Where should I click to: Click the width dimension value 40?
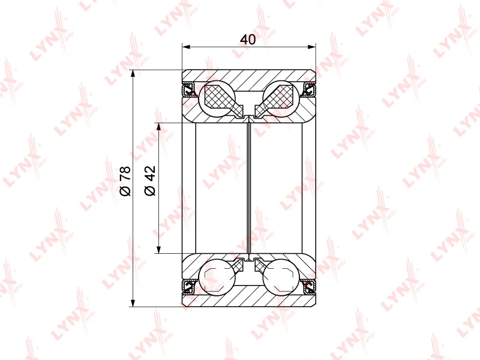pyautogui.click(x=248, y=40)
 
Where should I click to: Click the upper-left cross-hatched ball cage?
pyautogui.click(x=220, y=97)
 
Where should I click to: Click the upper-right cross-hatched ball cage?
pyautogui.click(x=277, y=97)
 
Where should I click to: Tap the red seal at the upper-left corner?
pyautogui.click(x=188, y=90)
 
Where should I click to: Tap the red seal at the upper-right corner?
pyautogui.click(x=309, y=90)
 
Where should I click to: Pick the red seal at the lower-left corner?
pyautogui.click(x=188, y=286)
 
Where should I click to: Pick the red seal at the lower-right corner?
pyautogui.click(x=309, y=286)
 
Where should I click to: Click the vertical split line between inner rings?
pyautogui.click(x=248, y=186)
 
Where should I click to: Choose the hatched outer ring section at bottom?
pyautogui.click(x=248, y=298)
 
